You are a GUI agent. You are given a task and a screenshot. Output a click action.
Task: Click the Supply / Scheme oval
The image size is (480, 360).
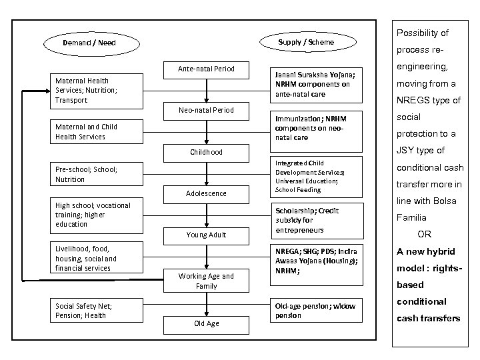(306, 43)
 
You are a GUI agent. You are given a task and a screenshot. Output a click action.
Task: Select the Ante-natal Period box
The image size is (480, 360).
(206, 69)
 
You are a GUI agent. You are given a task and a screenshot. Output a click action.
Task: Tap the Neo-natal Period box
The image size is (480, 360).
(206, 110)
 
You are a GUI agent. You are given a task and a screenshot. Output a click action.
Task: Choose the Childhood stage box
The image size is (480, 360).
(206, 152)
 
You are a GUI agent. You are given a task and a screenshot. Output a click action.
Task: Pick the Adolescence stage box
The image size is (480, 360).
(206, 193)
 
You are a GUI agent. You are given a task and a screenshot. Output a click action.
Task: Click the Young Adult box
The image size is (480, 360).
(206, 235)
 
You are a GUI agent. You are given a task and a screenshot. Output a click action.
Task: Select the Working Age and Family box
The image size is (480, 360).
(206, 281)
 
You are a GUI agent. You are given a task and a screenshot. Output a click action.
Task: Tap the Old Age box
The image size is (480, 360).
(206, 324)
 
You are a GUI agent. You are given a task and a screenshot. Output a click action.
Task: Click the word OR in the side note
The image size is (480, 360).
(424, 235)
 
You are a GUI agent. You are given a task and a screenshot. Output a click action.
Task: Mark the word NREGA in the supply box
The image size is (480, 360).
(287, 251)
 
